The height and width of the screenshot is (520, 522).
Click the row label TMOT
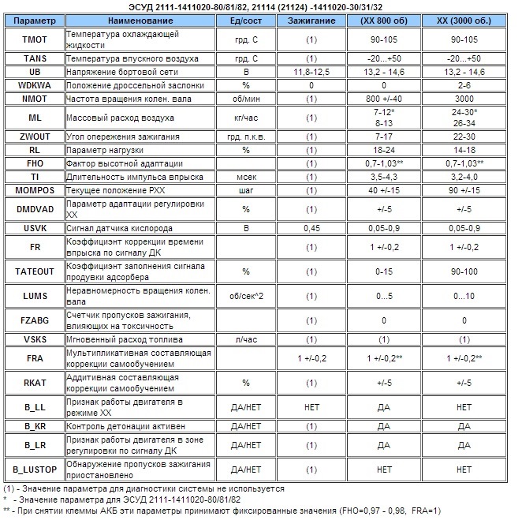tap(35, 38)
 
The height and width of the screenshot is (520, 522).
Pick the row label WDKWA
tap(35, 84)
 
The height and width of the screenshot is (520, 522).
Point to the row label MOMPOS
tap(35, 190)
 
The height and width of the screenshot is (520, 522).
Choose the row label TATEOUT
tap(35, 271)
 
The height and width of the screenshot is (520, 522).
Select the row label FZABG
tap(35, 321)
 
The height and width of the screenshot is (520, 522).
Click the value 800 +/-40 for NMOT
tap(384, 98)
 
